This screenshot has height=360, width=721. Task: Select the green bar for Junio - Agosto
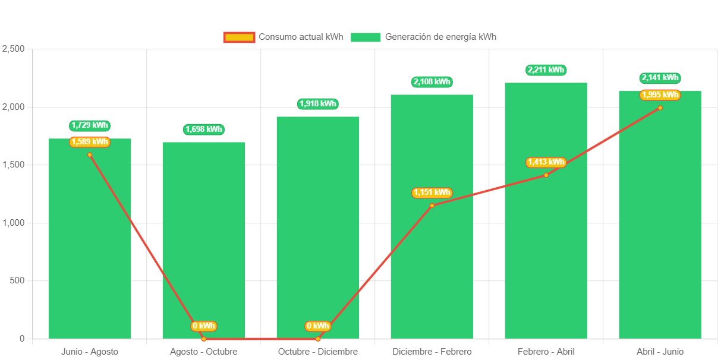89,250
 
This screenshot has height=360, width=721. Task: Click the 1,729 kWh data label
90,125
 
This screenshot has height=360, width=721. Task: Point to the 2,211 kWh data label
546,70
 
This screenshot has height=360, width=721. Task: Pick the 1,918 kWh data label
318,104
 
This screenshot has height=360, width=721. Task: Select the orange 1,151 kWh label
432,192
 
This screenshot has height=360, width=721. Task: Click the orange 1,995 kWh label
660,95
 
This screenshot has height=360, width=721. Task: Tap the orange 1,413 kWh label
546,162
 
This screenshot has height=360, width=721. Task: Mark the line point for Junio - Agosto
90,155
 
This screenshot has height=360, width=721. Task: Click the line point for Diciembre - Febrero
432,206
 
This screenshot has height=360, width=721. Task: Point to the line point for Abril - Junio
660,108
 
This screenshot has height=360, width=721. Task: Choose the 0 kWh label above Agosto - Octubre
204,326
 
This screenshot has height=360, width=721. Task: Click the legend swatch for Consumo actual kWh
239,37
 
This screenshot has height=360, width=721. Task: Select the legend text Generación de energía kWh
440,37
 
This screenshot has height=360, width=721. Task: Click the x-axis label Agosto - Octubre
204,352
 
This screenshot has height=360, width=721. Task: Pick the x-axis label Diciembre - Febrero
432,352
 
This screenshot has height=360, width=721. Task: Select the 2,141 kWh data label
660,78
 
